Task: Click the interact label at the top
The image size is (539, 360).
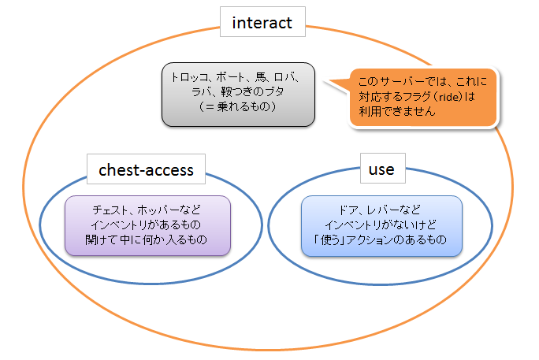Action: coord(262,23)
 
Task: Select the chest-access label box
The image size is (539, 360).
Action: coord(146,169)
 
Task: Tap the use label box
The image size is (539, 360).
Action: coord(381,169)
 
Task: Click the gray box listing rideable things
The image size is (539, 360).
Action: coord(238,94)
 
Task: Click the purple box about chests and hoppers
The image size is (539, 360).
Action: coord(147,225)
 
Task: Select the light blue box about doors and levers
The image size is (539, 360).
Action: coord(381,225)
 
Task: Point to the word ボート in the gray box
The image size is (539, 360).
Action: coord(228,78)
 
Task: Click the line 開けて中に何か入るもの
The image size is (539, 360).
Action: coord(147,239)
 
